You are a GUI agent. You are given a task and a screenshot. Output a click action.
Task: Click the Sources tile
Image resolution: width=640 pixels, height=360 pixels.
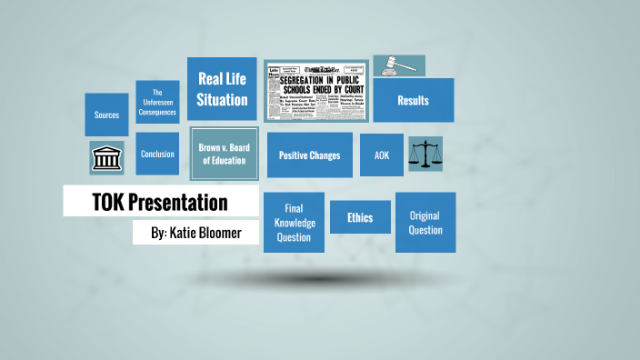[106, 115]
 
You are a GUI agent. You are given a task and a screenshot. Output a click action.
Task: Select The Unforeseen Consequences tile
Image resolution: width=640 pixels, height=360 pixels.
[157, 102]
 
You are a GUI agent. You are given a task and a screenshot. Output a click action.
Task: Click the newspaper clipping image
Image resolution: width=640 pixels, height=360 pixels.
[317, 92]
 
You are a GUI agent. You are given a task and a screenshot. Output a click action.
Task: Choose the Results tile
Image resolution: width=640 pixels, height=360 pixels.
[413, 101]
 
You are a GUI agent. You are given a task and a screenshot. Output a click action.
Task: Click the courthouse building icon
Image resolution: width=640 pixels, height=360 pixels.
[106, 158]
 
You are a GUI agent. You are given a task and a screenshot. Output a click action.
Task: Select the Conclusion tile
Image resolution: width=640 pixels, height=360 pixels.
[157, 154]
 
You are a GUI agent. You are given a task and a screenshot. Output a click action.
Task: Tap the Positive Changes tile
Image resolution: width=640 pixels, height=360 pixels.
[309, 155]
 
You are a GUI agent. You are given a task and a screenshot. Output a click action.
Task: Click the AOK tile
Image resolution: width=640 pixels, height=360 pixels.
[382, 155]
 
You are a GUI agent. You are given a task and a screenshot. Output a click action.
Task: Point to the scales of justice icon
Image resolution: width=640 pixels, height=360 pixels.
[425, 155]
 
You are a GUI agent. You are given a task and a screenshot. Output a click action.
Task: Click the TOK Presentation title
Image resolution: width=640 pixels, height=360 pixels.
[160, 202]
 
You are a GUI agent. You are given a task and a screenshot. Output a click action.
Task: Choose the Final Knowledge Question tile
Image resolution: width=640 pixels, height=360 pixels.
[294, 223]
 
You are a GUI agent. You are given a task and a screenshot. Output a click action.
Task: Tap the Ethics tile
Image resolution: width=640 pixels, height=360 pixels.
[360, 218]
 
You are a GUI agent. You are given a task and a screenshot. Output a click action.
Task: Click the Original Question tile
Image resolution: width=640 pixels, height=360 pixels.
[425, 223]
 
